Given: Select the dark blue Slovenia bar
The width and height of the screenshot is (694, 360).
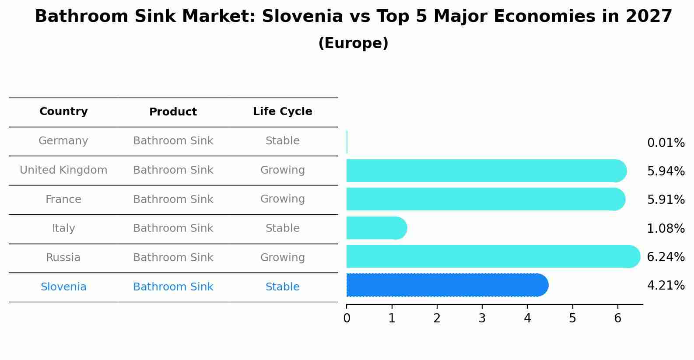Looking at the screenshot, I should click(447, 285).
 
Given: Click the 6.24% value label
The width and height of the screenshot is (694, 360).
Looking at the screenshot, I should click(666, 257).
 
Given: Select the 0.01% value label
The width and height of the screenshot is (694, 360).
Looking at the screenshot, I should click(666, 143).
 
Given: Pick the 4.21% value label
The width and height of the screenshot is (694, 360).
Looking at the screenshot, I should click(666, 286).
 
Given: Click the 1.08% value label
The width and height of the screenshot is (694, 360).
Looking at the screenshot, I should click(666, 228).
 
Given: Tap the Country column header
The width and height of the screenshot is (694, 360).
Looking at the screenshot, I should click(63, 112).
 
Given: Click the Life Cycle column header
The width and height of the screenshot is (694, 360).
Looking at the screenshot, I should click(282, 112).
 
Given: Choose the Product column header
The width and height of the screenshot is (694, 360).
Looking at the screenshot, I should click(173, 112).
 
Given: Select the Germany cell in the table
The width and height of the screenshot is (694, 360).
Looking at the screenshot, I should click(63, 141).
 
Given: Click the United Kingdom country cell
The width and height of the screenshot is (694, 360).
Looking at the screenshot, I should click(63, 170).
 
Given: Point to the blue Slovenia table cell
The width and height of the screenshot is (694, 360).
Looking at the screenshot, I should click(63, 287).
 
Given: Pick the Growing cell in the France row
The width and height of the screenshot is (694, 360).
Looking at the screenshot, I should click(282, 199).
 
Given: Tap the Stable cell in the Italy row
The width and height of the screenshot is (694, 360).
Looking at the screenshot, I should click(282, 228).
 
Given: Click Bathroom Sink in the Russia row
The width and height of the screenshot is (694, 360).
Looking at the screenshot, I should click(173, 258).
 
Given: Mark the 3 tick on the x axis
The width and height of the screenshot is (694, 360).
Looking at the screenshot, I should click(482, 318).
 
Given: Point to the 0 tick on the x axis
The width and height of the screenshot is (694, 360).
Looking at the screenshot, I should click(347, 318).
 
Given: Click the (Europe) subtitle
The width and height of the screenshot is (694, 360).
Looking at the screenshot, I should click(353, 43).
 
